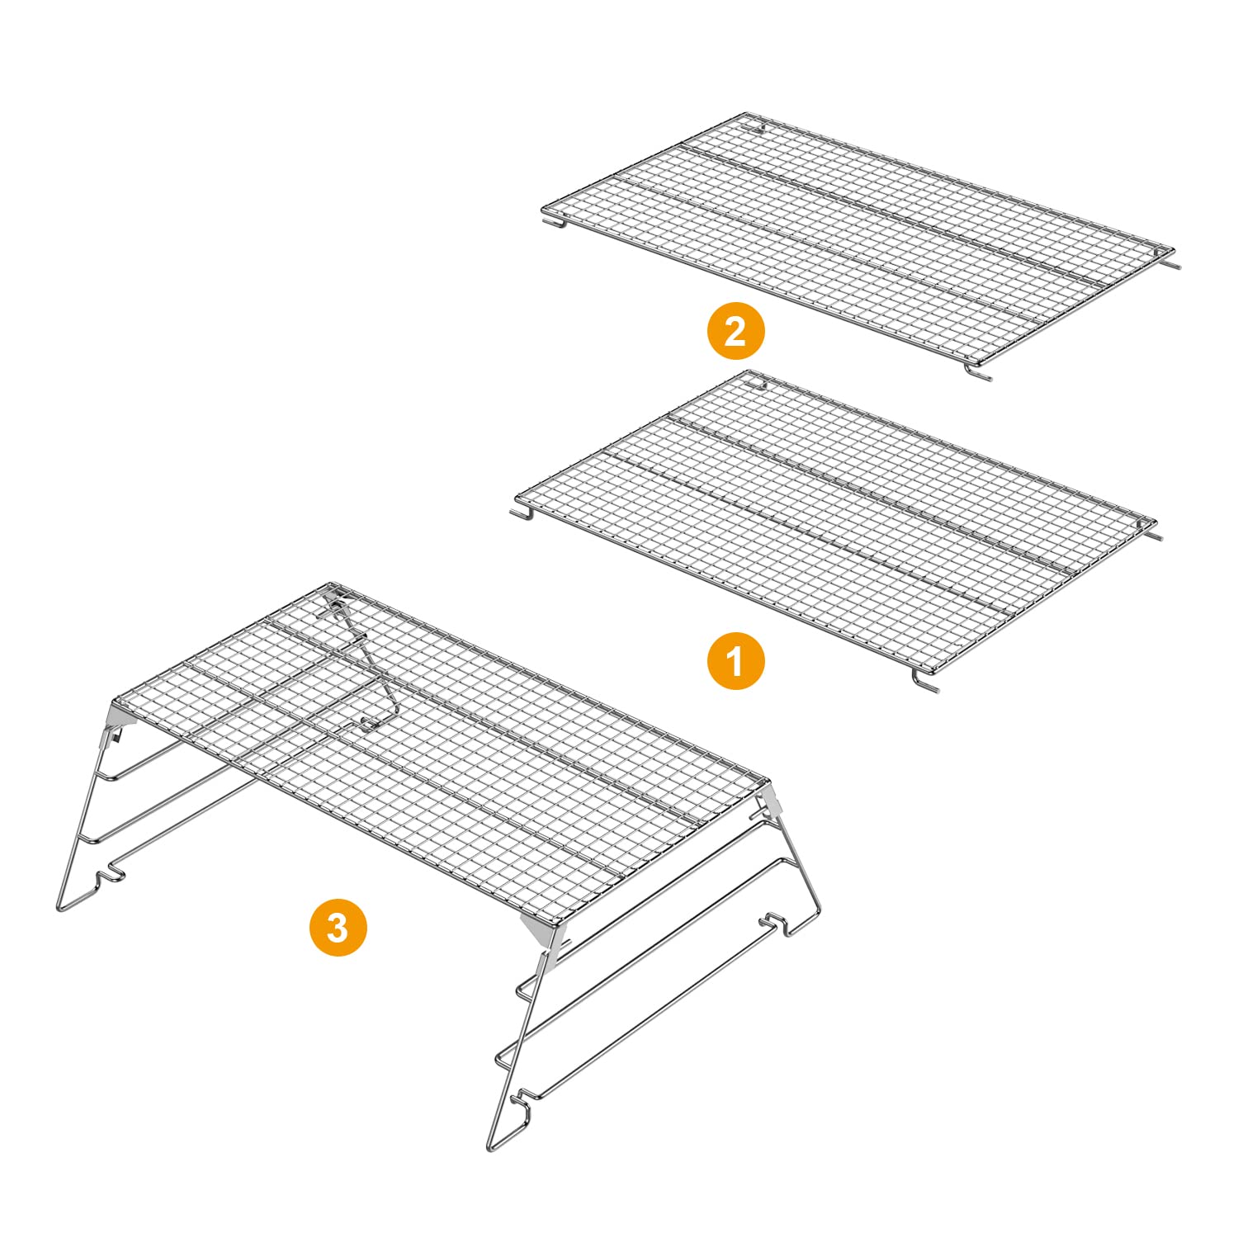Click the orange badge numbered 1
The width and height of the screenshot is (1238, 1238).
click(x=735, y=661)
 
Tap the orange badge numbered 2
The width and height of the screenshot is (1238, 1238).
click(x=735, y=331)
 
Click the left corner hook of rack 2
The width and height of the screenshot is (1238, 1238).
click(x=554, y=222)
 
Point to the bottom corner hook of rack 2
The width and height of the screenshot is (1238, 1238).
click(x=977, y=372)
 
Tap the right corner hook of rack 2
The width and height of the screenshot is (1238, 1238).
click(x=1172, y=262)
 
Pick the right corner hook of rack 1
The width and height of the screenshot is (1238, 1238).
click(x=1151, y=534)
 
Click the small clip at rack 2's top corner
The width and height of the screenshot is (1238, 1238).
click(x=758, y=129)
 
